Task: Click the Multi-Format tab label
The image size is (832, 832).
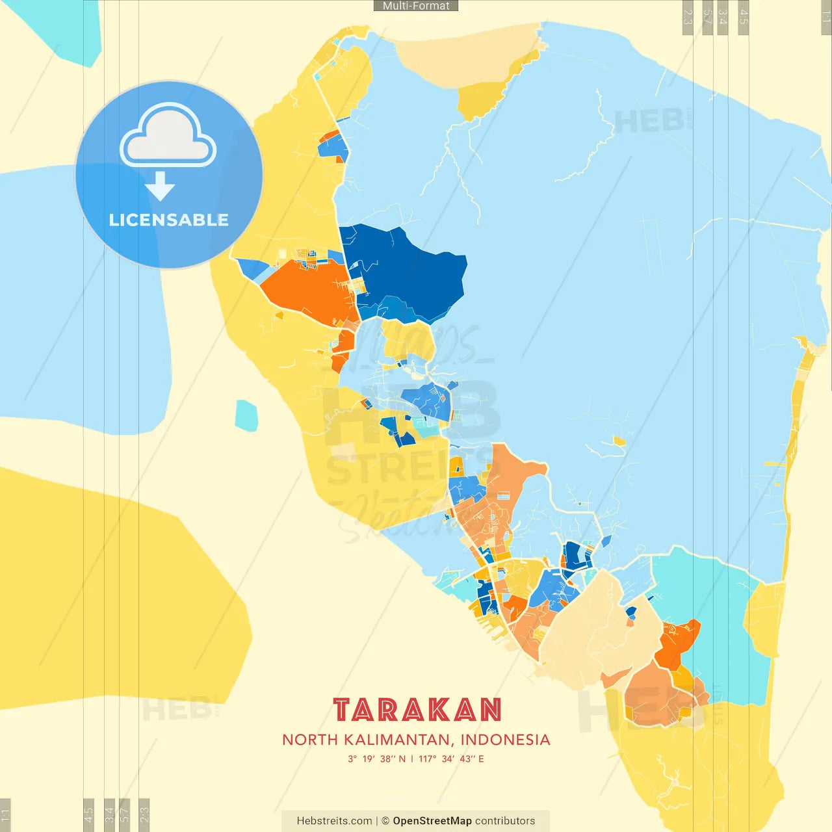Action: (416, 6)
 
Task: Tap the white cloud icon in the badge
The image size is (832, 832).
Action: (168, 138)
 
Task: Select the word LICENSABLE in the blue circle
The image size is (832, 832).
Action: (168, 220)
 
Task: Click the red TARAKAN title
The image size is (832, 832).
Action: (417, 710)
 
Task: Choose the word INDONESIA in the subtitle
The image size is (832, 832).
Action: (505, 740)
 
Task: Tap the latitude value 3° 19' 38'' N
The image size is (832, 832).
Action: (376, 759)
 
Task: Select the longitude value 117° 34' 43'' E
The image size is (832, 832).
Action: (451, 759)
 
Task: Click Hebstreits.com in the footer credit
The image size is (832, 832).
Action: (334, 821)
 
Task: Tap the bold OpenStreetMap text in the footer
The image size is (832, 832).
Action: (432, 821)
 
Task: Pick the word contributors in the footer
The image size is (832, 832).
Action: (505, 821)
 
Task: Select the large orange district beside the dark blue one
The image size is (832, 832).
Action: (305, 292)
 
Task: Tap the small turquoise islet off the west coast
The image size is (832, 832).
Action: (246, 416)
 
